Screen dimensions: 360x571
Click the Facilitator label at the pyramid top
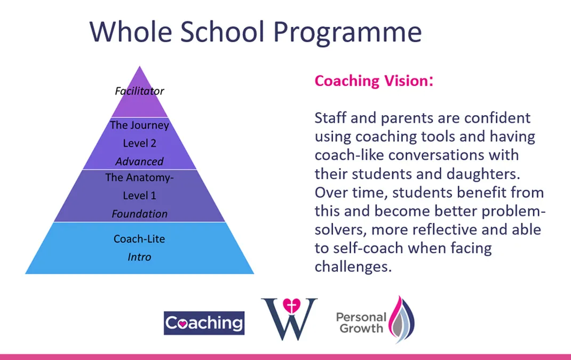tap(139, 91)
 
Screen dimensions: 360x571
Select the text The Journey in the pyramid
tap(139, 125)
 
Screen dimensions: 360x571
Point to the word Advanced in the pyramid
tap(139, 161)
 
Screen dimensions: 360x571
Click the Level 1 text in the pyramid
tap(139, 196)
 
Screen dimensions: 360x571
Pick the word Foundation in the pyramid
tap(139, 214)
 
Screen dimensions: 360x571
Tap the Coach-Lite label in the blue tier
tap(139, 239)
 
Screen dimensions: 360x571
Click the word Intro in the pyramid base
tap(139, 257)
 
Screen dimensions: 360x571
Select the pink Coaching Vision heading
tap(373, 81)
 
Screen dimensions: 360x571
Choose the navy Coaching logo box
tap(204, 323)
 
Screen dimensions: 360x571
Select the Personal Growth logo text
tap(360, 322)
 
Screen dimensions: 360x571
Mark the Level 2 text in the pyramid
tap(139, 143)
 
